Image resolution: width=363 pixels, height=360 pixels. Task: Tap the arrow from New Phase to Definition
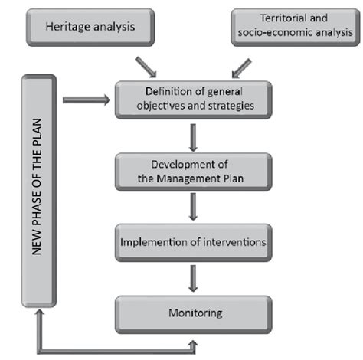point(86,99)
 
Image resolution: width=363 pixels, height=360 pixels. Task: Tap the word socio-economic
point(264,34)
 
